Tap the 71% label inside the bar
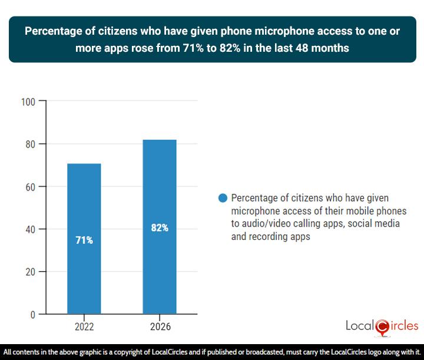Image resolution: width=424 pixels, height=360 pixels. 84,240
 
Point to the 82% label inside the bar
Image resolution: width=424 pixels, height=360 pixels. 159,228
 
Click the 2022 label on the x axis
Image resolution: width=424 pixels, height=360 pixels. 84,326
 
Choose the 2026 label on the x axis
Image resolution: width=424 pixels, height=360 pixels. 159,326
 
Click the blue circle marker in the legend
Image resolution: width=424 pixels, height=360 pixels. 223,198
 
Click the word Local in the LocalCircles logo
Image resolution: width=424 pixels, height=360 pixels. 360,326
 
